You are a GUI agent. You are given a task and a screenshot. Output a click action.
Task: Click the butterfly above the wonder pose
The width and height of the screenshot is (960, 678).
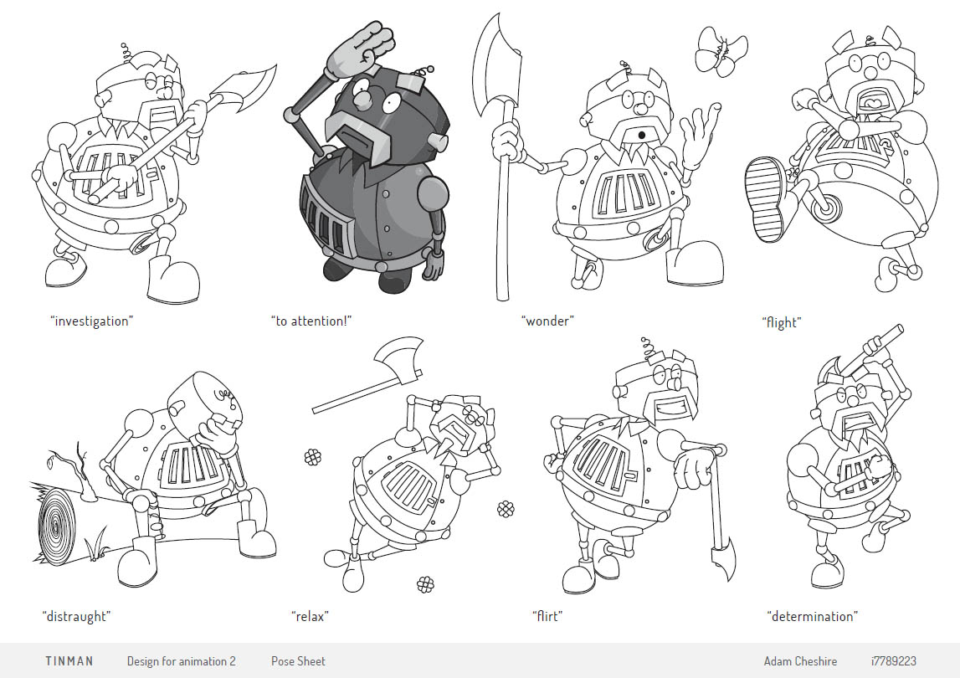(x=721, y=51)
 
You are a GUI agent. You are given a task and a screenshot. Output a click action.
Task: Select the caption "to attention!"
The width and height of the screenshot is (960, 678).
(x=311, y=321)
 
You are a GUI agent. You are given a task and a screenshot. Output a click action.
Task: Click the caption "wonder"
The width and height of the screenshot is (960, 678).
(x=547, y=321)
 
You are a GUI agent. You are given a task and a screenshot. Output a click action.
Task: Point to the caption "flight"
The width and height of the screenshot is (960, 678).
(x=781, y=322)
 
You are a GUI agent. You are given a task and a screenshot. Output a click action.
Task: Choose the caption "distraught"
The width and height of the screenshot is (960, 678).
(x=76, y=616)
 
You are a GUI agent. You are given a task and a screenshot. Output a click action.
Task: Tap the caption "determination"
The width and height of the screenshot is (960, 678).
(x=812, y=616)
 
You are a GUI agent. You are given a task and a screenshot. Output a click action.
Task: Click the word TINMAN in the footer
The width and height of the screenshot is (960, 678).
(x=69, y=661)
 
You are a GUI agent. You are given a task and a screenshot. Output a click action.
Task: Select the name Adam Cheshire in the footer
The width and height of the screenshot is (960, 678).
(x=800, y=661)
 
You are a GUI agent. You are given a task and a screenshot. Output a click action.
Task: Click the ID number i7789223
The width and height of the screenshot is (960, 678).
(x=893, y=661)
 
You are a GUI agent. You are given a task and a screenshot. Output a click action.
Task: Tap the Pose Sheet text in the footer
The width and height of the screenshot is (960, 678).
(x=298, y=661)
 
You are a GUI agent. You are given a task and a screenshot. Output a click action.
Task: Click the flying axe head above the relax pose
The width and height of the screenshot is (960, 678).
(x=398, y=359)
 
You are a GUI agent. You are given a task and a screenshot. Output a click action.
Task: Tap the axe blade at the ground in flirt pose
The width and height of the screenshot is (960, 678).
(x=721, y=557)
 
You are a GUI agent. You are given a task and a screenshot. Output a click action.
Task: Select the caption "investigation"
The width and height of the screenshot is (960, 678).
(x=92, y=321)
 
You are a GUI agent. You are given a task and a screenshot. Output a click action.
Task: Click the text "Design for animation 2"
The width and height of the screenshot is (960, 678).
(x=182, y=661)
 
